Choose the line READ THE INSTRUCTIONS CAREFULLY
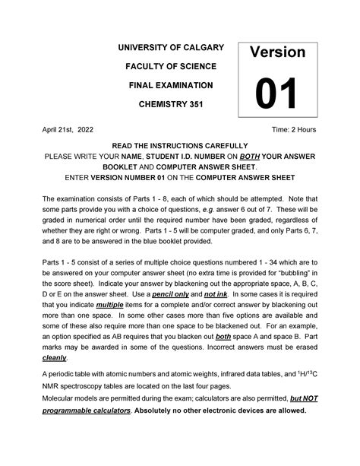pos(179,145)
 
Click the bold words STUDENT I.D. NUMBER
pos(204,157)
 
